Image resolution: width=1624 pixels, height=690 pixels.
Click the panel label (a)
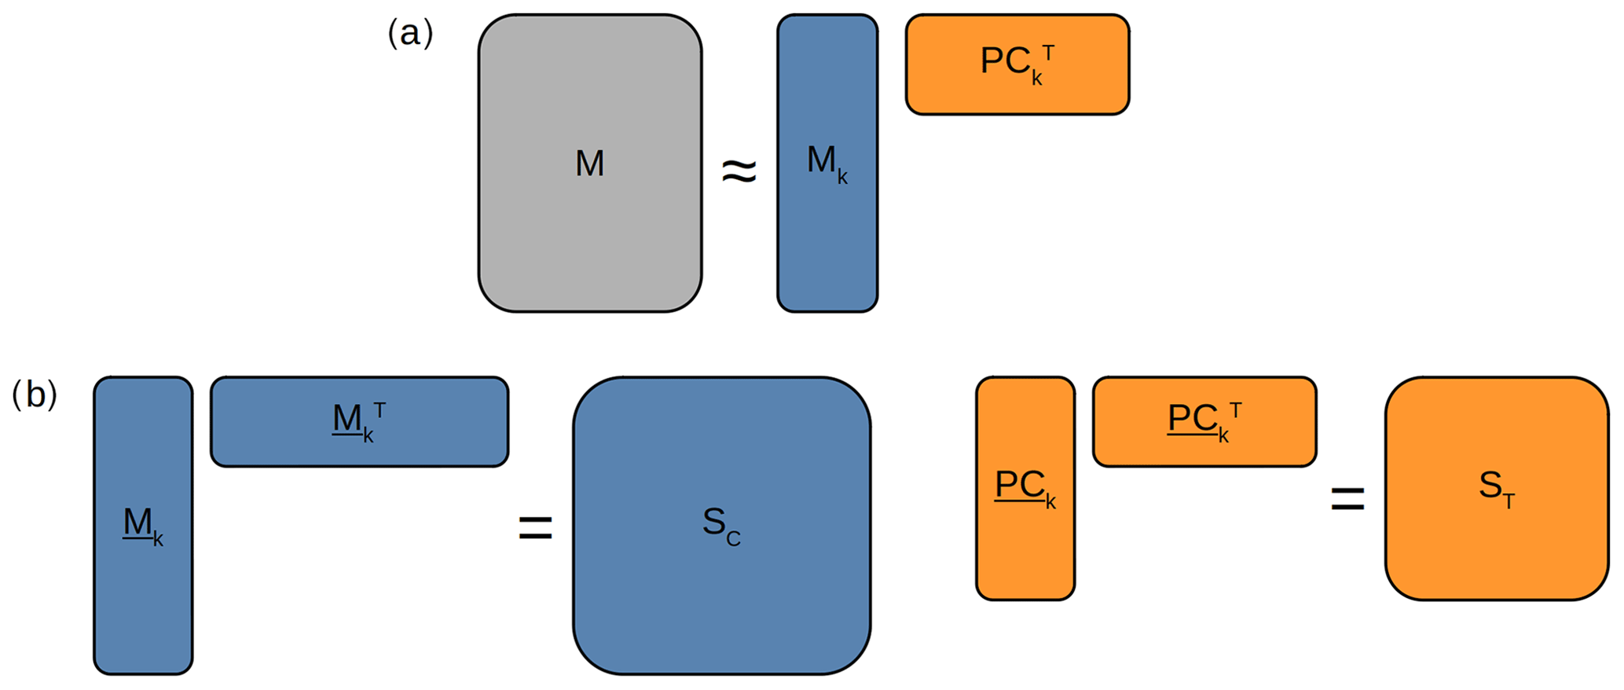pos(410,34)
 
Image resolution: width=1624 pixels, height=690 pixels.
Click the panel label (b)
pos(35,395)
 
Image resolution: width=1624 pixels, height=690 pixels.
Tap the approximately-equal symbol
pos(739,171)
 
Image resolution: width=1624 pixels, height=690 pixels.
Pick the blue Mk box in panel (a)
pos(827,236)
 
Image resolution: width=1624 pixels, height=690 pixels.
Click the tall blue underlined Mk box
pos(143,597)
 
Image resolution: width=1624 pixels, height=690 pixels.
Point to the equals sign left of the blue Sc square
pos(536,527)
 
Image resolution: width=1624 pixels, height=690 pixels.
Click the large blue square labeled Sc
pos(721,597)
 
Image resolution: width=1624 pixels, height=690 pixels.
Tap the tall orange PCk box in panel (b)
pos(1025,550)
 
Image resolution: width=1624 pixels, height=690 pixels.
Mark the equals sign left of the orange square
pos(1347,499)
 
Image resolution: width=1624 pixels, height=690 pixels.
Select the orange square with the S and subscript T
pos(1496,550)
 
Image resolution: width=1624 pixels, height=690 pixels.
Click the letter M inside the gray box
pos(589,163)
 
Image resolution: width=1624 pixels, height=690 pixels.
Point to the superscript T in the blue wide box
pos(379,409)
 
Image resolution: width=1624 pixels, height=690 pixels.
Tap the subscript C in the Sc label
pos(733,539)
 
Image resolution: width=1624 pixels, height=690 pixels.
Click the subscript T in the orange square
pos(1509,501)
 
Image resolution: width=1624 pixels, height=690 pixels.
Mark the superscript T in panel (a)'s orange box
pos(1047,53)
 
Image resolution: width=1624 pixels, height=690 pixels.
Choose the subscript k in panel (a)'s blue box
pos(842,178)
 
